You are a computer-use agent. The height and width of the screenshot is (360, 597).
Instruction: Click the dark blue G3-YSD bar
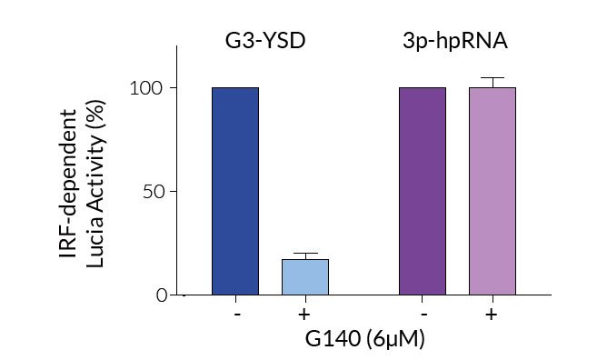(234, 191)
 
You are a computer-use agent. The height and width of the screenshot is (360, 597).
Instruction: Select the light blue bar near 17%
(304, 277)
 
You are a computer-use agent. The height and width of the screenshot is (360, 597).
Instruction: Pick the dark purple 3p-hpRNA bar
(422, 191)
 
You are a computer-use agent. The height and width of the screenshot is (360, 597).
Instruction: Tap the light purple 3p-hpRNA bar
(492, 191)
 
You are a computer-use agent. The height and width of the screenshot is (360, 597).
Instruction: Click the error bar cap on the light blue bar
(304, 254)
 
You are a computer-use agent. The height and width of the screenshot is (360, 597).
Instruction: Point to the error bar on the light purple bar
(492, 81)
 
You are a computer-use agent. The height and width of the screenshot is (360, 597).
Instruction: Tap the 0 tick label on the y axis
(162, 295)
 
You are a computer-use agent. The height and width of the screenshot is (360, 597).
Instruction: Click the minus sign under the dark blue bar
(235, 314)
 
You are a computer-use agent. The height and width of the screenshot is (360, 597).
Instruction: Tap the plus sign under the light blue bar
(304, 314)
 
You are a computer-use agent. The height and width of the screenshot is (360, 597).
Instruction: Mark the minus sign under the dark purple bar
(423, 314)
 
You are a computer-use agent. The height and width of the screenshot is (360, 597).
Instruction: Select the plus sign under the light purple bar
(492, 314)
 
